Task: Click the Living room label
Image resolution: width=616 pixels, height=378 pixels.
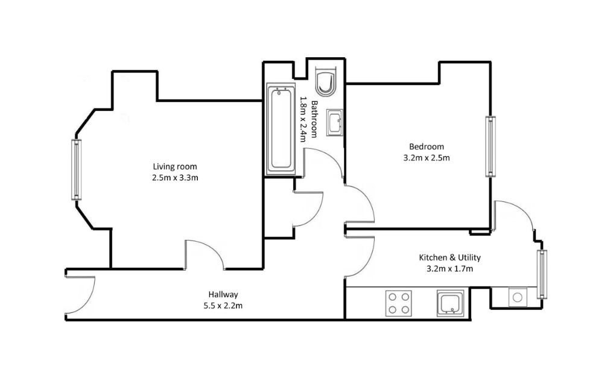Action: click(x=174, y=166)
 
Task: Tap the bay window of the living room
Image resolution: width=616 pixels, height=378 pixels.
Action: click(x=76, y=170)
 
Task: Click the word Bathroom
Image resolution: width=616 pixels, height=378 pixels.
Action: click(x=315, y=121)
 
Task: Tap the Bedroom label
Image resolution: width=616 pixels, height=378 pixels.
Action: click(x=426, y=146)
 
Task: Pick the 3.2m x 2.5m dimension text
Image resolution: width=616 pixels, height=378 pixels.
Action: click(x=426, y=158)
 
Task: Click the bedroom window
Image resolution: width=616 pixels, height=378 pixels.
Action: click(x=491, y=146)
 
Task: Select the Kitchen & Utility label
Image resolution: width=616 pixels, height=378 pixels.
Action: click(x=449, y=257)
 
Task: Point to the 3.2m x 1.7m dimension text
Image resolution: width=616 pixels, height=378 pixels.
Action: click(x=449, y=269)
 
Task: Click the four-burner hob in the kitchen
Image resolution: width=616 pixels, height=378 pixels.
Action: click(x=399, y=303)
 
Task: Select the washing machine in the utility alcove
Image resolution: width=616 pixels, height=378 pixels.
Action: click(x=516, y=297)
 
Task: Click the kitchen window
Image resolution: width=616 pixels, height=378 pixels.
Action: click(x=542, y=274)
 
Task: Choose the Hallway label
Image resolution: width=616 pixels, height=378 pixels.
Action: click(x=223, y=295)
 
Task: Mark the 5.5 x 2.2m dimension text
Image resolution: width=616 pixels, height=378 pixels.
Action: click(x=223, y=306)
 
